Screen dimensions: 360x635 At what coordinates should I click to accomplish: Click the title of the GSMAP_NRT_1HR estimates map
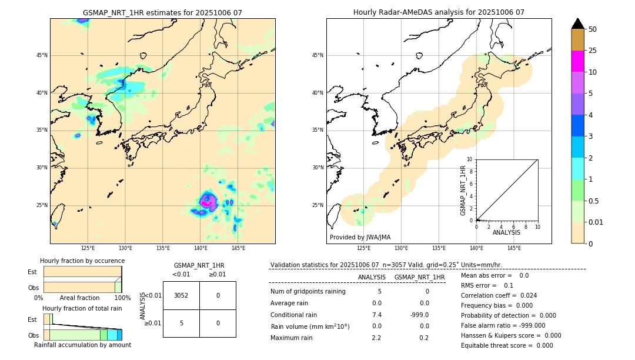[x=162, y=12]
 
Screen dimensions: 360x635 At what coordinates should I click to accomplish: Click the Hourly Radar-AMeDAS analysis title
[x=439, y=12]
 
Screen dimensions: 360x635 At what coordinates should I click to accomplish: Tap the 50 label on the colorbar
[x=593, y=29]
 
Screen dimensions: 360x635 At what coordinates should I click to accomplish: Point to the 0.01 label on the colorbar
[x=596, y=222]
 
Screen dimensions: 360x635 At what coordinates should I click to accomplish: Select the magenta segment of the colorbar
[x=577, y=61]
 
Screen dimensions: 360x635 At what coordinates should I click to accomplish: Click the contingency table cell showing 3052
[x=181, y=295]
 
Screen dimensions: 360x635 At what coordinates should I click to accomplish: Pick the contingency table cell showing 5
[x=181, y=323]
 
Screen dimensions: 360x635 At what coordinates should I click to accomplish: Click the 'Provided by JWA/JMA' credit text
[x=360, y=237]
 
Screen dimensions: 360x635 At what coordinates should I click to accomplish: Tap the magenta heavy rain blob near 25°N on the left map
[x=208, y=201]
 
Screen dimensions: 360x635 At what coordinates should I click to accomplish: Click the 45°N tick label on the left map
[x=42, y=55]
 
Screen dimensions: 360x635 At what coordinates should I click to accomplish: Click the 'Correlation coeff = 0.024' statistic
[x=499, y=295]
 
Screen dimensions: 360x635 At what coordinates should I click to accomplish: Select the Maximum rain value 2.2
[x=376, y=338]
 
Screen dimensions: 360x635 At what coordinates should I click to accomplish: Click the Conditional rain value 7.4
[x=376, y=315]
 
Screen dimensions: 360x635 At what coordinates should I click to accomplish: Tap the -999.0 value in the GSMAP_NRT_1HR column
[x=420, y=315]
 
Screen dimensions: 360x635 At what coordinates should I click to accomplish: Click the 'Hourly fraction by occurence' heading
[x=82, y=261]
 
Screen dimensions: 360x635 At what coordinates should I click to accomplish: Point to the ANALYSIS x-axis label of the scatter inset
[x=506, y=232]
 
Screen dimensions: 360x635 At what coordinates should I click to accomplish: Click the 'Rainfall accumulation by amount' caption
[x=82, y=345]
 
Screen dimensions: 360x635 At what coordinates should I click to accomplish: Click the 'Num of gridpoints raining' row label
[x=308, y=291]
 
